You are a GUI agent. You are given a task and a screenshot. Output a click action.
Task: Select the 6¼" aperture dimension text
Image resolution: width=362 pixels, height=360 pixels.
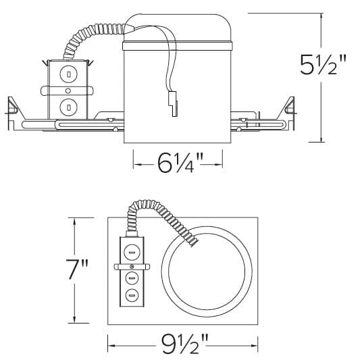(x=178, y=163)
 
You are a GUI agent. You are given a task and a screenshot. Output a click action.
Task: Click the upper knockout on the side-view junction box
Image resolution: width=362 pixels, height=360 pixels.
(x=68, y=73)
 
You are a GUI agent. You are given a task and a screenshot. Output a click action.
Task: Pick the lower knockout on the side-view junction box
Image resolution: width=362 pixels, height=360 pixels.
(x=68, y=105)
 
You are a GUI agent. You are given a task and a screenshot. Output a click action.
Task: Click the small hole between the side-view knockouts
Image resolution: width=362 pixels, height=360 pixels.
(x=68, y=90)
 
